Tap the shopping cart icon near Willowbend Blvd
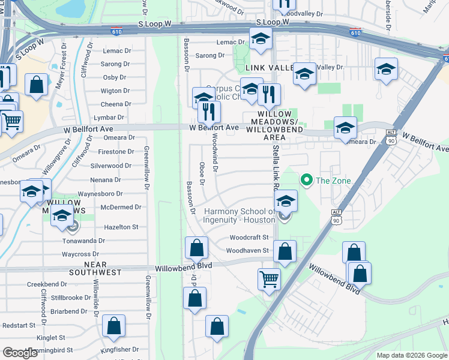269,278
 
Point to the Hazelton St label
121,227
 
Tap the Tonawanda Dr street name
84,241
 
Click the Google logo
20,353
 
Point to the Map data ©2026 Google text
411,355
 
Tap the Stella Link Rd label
276,169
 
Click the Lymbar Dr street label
109,118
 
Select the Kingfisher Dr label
119,349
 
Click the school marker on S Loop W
261,40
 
